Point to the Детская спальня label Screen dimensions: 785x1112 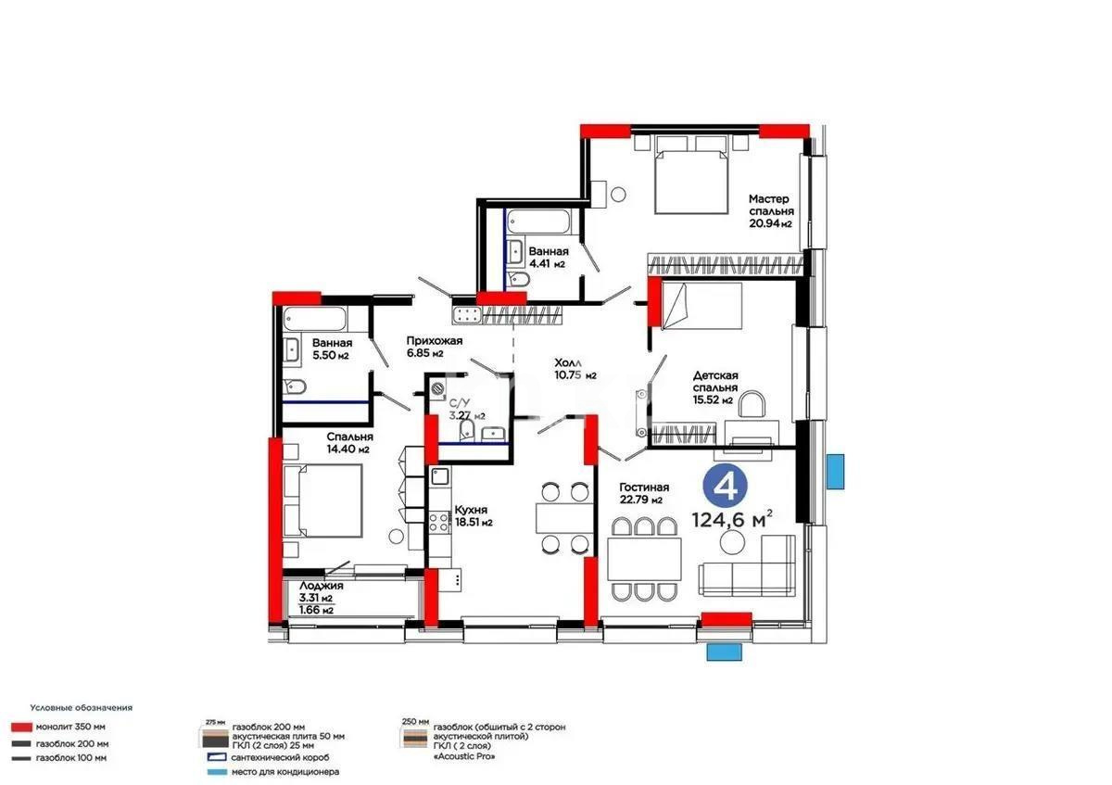[x=715, y=387]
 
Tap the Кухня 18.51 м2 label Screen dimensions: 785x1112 [x=473, y=515]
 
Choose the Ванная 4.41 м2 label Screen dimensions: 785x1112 [x=547, y=257]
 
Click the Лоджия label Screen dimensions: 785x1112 [x=322, y=586]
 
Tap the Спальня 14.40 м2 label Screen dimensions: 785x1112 [x=348, y=442]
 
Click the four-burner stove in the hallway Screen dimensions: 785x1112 [x=468, y=316]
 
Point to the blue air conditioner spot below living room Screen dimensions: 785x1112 [x=724, y=652]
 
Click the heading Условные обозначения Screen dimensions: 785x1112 [x=81, y=707]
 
